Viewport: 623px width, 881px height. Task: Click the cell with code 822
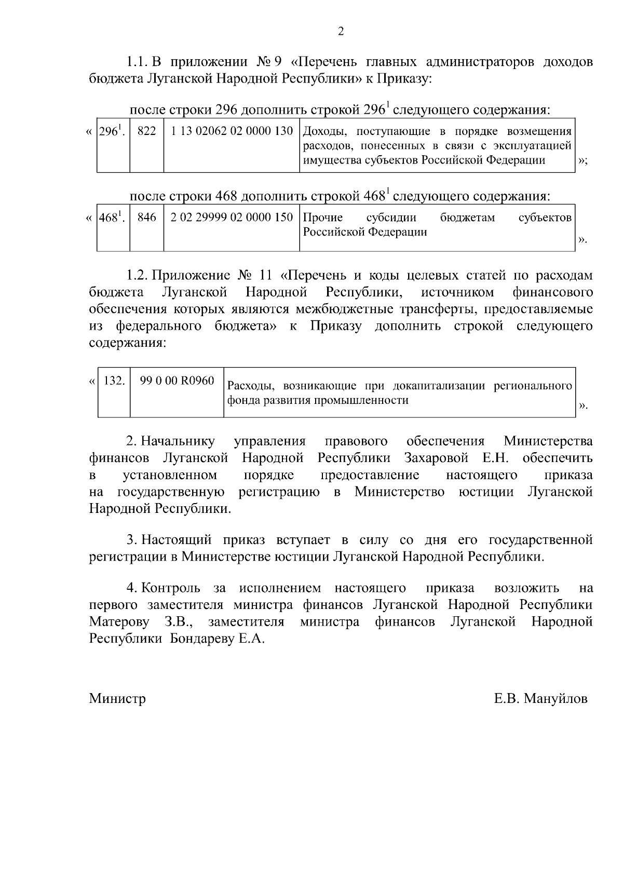[x=146, y=131]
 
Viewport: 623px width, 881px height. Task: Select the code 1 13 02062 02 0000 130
[x=232, y=131]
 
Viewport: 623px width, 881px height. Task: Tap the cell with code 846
[x=146, y=218]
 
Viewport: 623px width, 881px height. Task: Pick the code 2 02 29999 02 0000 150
[x=232, y=218]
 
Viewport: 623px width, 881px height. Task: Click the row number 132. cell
[x=114, y=381]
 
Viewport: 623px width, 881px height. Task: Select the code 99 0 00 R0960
[x=177, y=381]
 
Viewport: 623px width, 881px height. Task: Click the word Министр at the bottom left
[x=117, y=698]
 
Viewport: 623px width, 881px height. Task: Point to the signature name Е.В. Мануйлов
[x=540, y=698]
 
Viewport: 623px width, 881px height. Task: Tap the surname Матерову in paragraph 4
[x=119, y=621]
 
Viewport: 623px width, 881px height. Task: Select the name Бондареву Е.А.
[x=218, y=639]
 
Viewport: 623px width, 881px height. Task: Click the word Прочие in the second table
[x=322, y=218]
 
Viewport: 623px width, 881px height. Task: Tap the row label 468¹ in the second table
[x=111, y=218]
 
